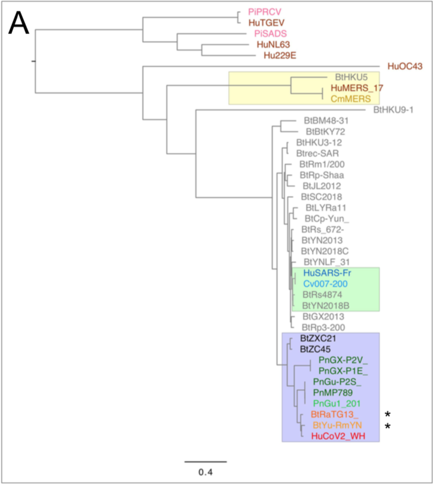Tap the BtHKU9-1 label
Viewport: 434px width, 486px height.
click(x=393, y=110)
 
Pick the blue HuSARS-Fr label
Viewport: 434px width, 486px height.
click(x=326, y=272)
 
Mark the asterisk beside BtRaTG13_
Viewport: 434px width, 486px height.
click(x=387, y=415)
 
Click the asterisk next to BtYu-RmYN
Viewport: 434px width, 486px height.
click(x=387, y=426)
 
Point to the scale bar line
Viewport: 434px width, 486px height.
click(x=205, y=461)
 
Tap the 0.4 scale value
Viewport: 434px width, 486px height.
click(x=205, y=472)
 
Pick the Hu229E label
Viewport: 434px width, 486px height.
click(x=280, y=56)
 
